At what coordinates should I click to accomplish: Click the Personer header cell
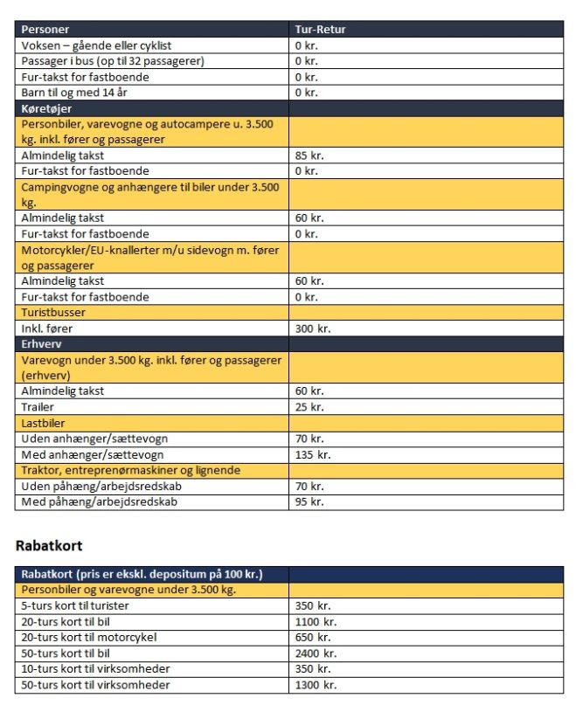pos(45,30)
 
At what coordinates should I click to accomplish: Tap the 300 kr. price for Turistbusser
pos(312,328)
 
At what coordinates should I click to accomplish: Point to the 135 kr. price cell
pos(312,454)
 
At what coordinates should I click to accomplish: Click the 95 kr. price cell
pos(309,501)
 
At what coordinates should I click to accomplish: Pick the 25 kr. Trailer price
pos(309,407)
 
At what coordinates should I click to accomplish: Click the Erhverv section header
pos(43,344)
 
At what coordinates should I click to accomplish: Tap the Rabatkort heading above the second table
pos(49,545)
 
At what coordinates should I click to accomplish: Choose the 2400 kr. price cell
pos(316,653)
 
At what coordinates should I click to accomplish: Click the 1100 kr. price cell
pos(316,621)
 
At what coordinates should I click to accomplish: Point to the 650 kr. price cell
pos(312,637)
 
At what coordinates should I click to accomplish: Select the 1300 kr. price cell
pos(316,684)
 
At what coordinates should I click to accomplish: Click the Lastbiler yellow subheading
pos(44,423)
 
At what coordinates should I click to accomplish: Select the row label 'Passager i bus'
pos(112,61)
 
